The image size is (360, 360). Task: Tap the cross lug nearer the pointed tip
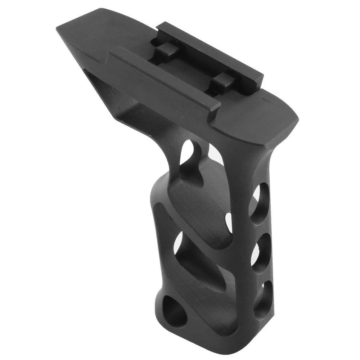point(164,53)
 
